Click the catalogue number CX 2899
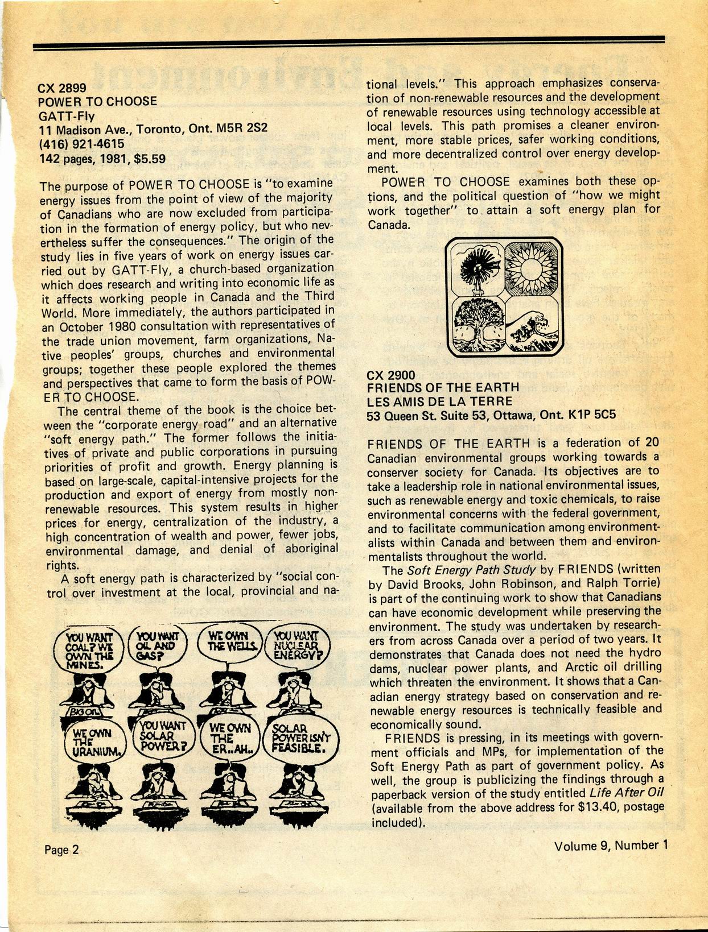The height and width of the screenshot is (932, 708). pyautogui.click(x=62, y=88)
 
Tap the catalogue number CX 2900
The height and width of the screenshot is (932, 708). pyautogui.click(x=392, y=375)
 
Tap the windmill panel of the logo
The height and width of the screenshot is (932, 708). pyautogui.click(x=475, y=269)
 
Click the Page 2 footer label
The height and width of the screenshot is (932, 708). pyautogui.click(x=62, y=849)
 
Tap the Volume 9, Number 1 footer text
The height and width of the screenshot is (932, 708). pyautogui.click(x=610, y=845)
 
